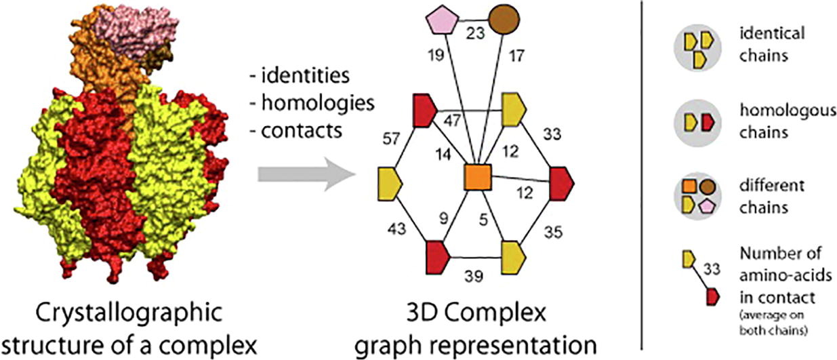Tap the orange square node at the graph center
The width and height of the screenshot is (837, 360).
click(478, 178)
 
